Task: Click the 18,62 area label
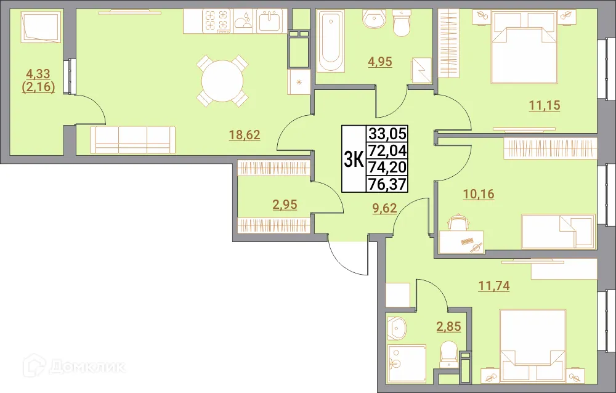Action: [x=245, y=136]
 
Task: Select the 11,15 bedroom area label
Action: [x=545, y=105]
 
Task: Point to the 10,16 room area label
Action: [x=479, y=195]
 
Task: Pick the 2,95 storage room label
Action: [x=285, y=204]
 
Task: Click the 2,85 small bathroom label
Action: [x=449, y=326]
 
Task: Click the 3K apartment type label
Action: [x=353, y=159]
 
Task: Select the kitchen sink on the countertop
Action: [x=269, y=22]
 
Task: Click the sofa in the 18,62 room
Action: [x=133, y=140]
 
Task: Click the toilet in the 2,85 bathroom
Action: [x=448, y=354]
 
